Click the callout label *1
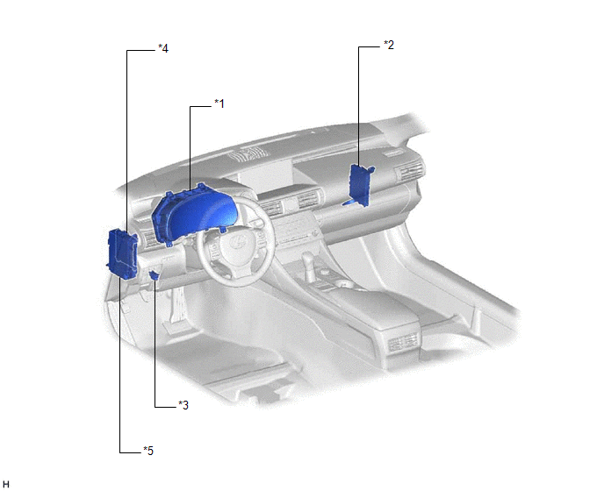point(219,103)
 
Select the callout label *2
point(389,45)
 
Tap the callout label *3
point(183,405)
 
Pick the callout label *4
point(163,48)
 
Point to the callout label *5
point(148,450)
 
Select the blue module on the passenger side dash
point(361,185)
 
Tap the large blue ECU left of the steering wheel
point(122,253)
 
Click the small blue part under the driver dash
point(155,274)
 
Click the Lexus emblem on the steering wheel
point(239,241)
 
